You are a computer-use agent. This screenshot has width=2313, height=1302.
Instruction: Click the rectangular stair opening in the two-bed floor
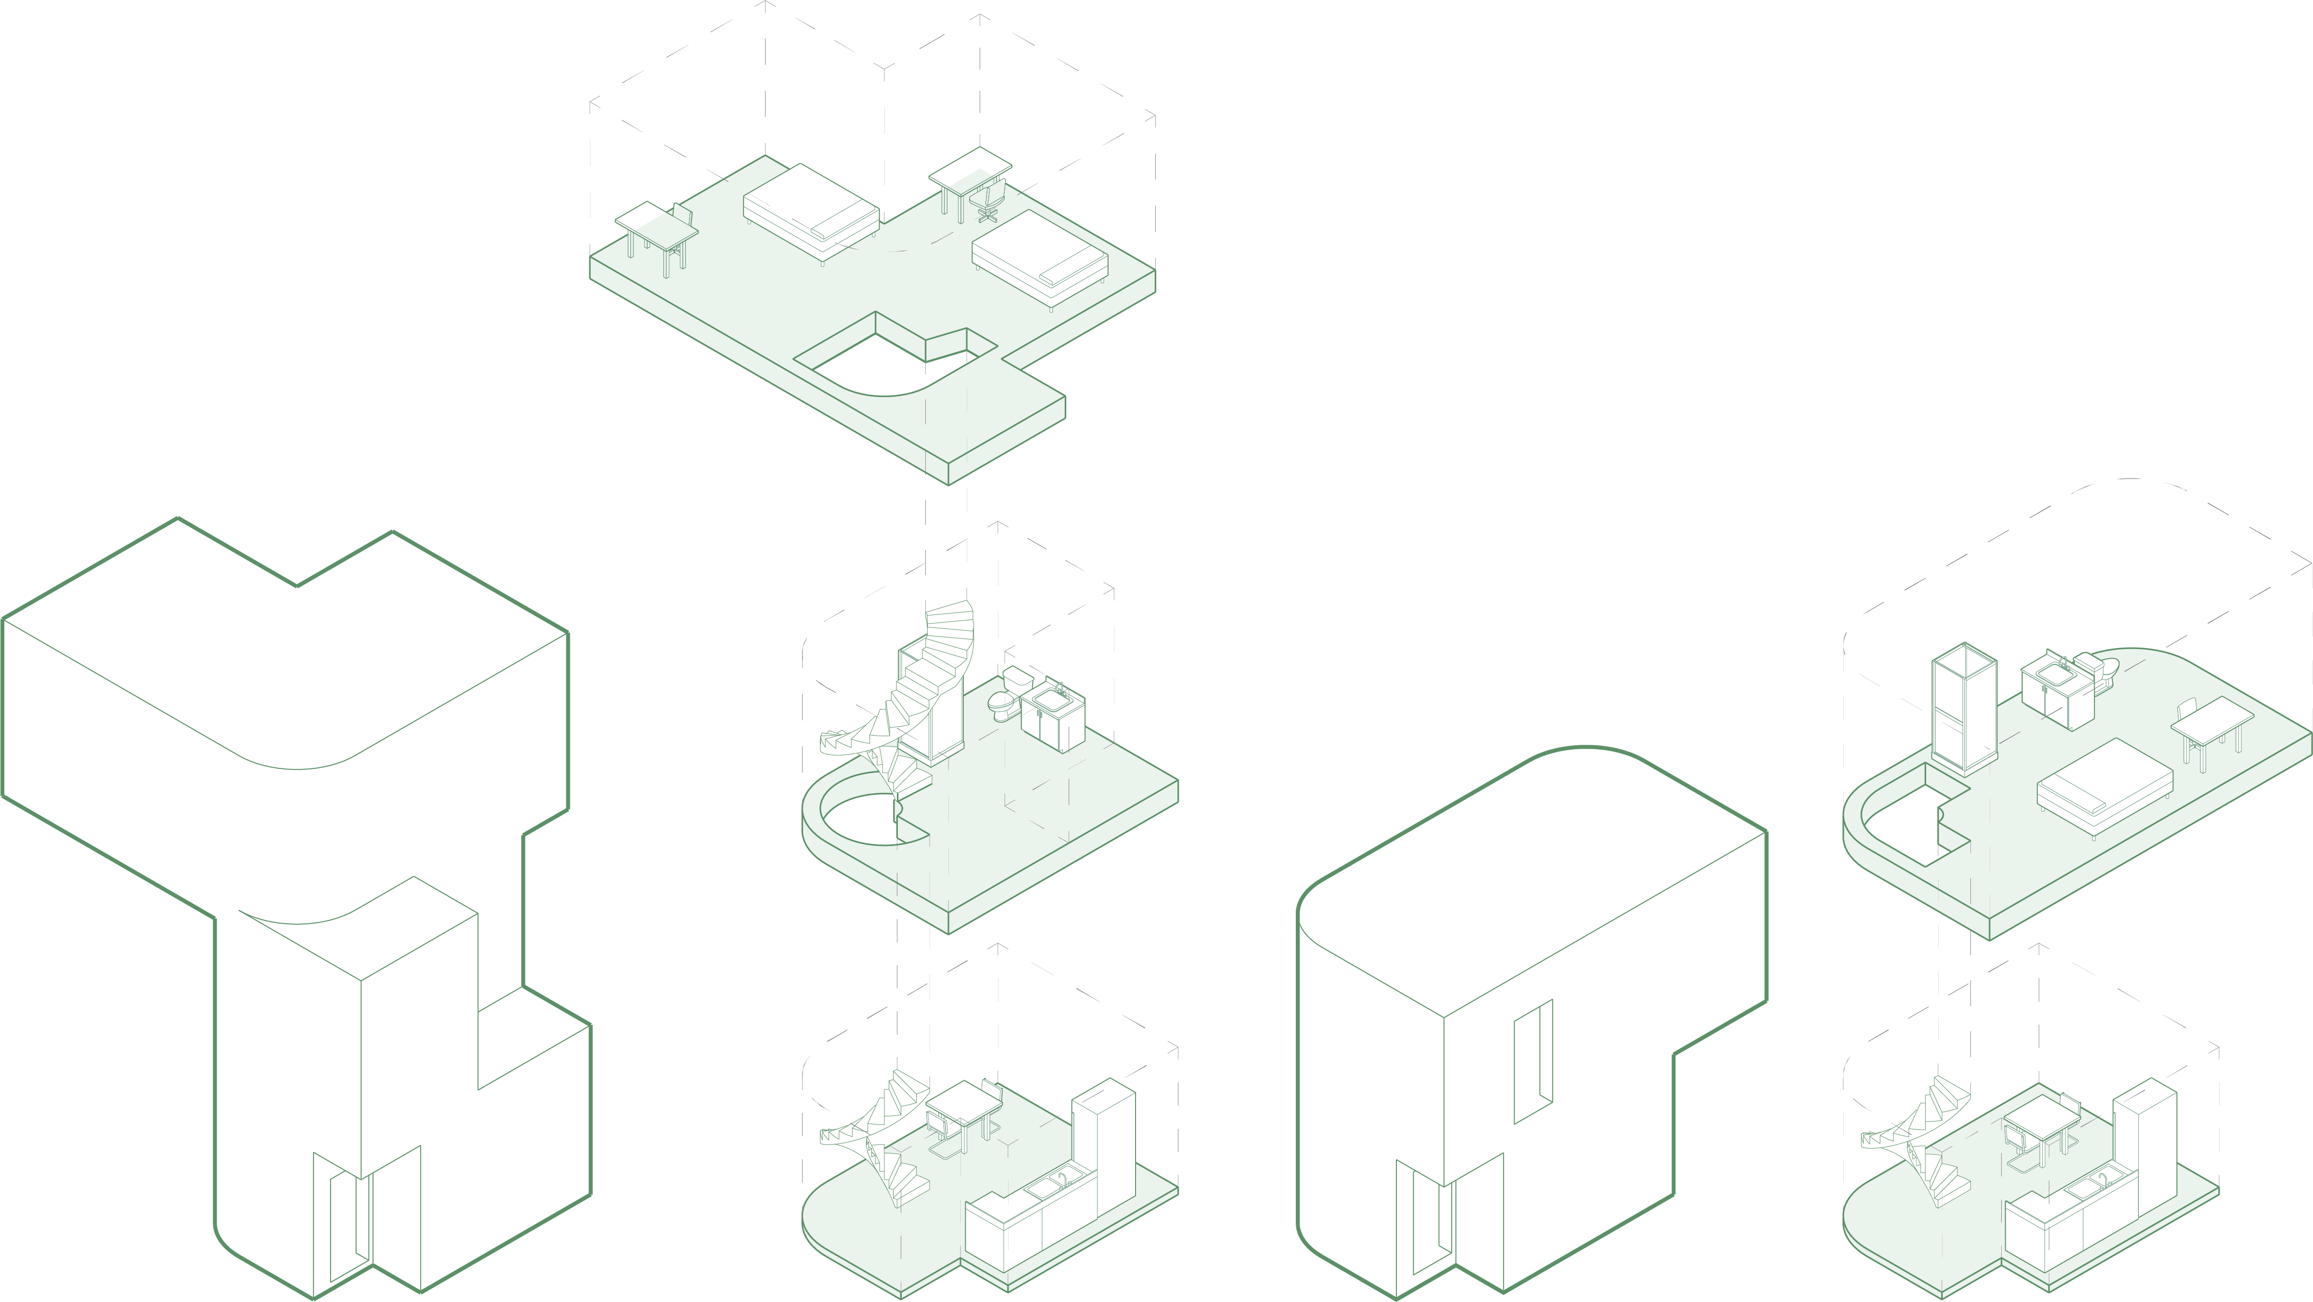884,364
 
